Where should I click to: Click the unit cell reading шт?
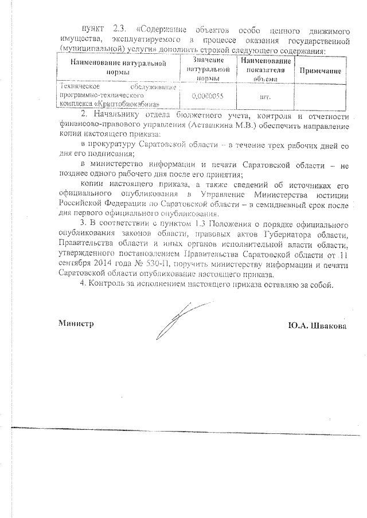click(x=265, y=96)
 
